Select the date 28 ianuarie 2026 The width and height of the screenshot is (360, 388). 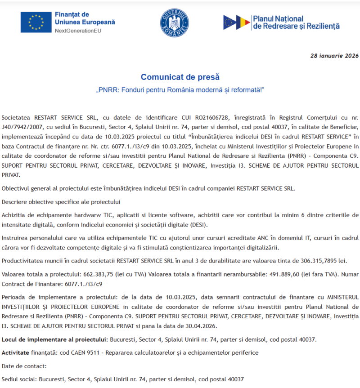334,56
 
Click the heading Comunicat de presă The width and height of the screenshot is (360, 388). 180,77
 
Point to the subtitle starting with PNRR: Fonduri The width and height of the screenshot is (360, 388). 180,90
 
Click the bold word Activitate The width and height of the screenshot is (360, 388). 15,352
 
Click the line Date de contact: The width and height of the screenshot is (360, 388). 24,366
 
